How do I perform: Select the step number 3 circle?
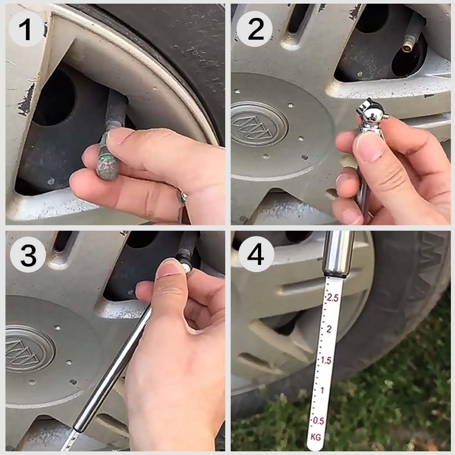[x=28, y=254]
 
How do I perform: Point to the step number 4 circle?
[x=256, y=254]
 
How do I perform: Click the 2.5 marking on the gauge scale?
[x=332, y=298]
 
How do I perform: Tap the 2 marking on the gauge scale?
[x=329, y=329]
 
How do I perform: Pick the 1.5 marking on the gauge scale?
[x=326, y=360]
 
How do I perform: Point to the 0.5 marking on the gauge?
[x=318, y=421]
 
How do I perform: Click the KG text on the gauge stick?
[x=316, y=436]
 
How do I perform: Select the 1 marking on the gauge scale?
[x=322, y=390]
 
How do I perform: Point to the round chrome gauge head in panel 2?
[x=372, y=114]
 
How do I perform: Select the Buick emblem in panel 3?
[x=29, y=349]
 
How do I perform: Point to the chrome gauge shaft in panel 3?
[x=112, y=369]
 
